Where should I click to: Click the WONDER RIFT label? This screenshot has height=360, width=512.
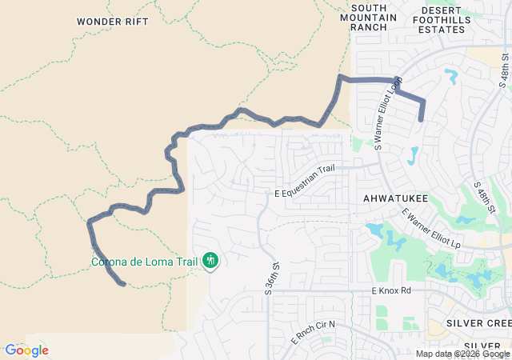pos(113,22)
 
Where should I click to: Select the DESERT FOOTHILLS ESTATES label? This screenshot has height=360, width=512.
pos(442,19)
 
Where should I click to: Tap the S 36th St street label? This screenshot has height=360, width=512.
pos(273,278)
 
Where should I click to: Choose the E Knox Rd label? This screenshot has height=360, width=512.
pos(390,290)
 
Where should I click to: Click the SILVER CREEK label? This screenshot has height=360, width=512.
pos(479,322)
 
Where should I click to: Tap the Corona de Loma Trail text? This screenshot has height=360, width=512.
pos(144,262)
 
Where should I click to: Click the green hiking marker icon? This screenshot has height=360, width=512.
pos(210,259)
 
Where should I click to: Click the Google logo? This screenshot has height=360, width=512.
pos(26,350)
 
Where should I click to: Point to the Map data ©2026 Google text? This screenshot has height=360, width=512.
pos(462,354)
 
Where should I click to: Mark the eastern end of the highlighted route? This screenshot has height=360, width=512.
pos(422,120)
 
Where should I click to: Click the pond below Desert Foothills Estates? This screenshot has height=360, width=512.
pos(451,77)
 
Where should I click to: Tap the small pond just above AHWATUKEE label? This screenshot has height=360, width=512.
pos(413,155)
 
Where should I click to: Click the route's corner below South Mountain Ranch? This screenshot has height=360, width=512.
pos(340,78)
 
